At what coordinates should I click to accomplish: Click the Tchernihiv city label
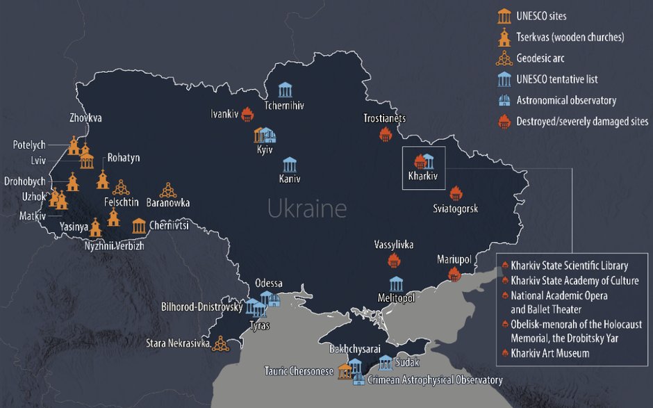(284, 106)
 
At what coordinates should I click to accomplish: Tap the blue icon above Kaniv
(290, 165)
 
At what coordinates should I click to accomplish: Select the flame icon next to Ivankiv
(247, 115)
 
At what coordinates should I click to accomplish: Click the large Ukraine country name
(307, 208)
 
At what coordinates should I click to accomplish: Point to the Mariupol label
(454, 259)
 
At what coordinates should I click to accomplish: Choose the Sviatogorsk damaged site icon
(456, 193)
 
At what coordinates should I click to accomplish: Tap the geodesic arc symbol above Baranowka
(167, 189)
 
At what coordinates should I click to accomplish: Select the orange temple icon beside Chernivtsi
(138, 225)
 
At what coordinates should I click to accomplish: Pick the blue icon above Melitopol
(396, 283)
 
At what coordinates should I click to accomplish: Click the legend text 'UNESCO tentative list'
(556, 79)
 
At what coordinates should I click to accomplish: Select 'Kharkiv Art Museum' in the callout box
(549, 353)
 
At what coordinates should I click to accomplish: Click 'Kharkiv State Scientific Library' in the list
(569, 265)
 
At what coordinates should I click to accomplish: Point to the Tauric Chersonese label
(298, 370)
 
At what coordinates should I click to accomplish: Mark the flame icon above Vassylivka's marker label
(394, 261)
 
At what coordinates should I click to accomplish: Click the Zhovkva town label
(85, 118)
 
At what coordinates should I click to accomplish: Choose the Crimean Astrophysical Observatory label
(434, 380)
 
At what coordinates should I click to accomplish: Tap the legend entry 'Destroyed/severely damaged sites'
(582, 121)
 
